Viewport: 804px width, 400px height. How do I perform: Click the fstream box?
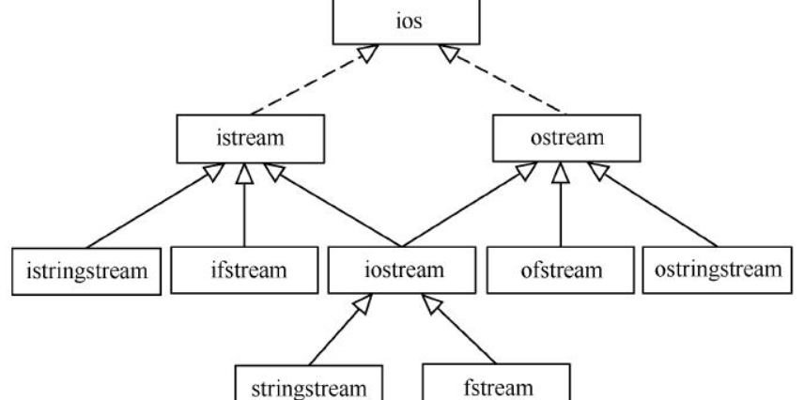point(483,384)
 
